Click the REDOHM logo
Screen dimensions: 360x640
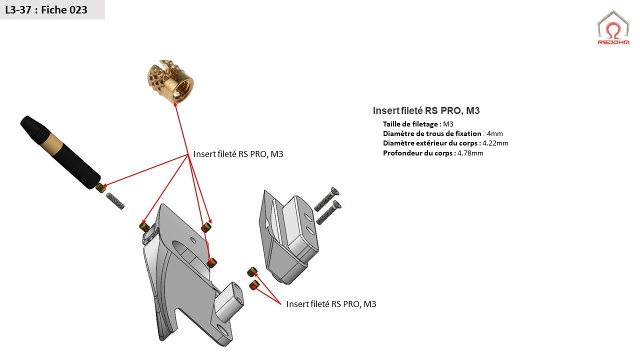pos(613,27)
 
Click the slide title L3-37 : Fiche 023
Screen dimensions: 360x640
pos(46,9)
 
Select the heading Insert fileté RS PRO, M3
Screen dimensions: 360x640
pos(426,111)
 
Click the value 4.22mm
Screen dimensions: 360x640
pos(495,143)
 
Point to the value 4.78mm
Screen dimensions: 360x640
pos(470,153)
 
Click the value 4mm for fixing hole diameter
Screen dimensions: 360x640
pos(494,133)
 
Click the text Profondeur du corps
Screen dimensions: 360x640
pos(418,153)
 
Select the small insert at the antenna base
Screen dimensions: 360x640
pos(100,188)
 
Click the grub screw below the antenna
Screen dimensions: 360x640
pos(115,200)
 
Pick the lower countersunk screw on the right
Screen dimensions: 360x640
pos(328,212)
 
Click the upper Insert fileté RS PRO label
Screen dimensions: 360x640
pos(238,154)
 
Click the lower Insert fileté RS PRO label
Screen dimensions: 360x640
pos(331,304)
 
